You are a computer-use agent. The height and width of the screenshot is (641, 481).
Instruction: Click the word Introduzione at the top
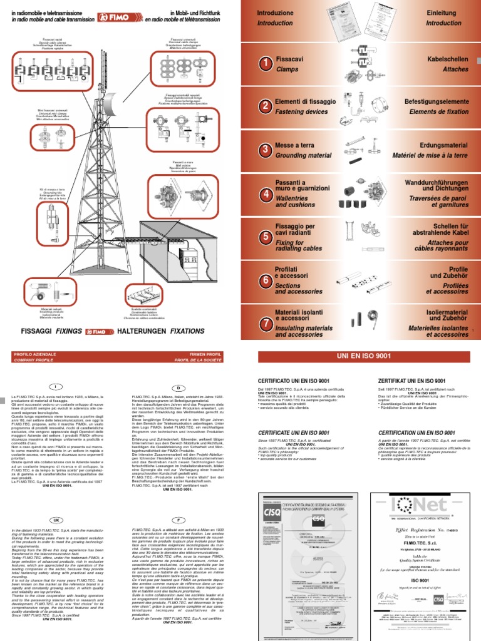[x=275, y=13]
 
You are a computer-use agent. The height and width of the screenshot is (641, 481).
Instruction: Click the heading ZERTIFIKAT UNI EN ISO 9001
[x=411, y=381]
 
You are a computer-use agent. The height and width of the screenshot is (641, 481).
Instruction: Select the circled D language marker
[x=178, y=388]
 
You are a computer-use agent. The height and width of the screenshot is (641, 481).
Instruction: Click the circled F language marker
[x=178, y=521]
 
